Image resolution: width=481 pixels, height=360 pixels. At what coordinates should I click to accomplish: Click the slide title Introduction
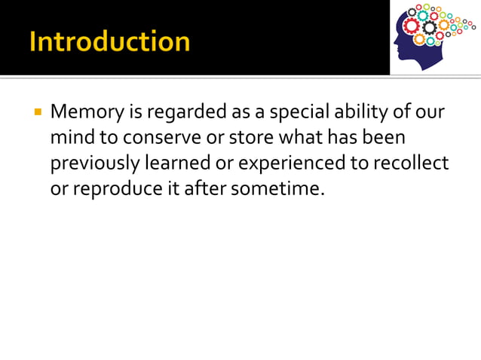click(109, 41)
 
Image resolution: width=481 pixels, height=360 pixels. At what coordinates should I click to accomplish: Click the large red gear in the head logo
click(411, 26)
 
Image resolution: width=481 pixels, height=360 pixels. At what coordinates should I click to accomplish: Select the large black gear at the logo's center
click(429, 28)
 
